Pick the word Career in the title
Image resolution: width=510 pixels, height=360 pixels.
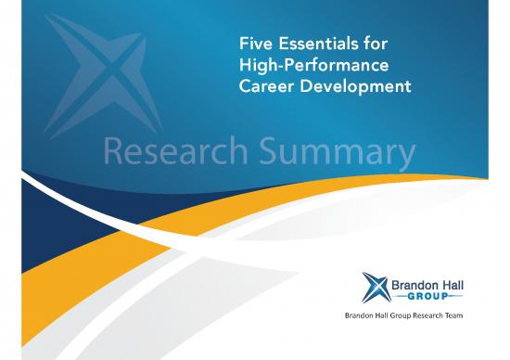[268, 88]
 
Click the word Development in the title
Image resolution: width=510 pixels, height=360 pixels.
[356, 88]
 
